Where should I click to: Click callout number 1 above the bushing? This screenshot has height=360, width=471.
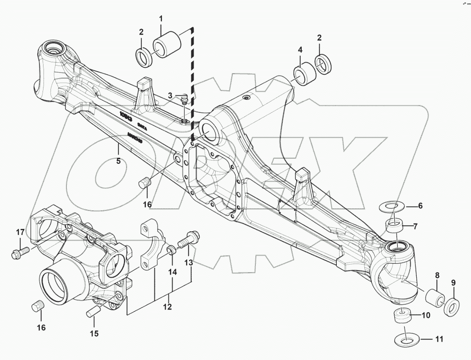161,19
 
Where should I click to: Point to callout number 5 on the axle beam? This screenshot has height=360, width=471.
118,161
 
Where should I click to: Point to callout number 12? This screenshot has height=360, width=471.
167,307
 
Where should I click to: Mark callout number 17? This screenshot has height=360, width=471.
20,232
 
